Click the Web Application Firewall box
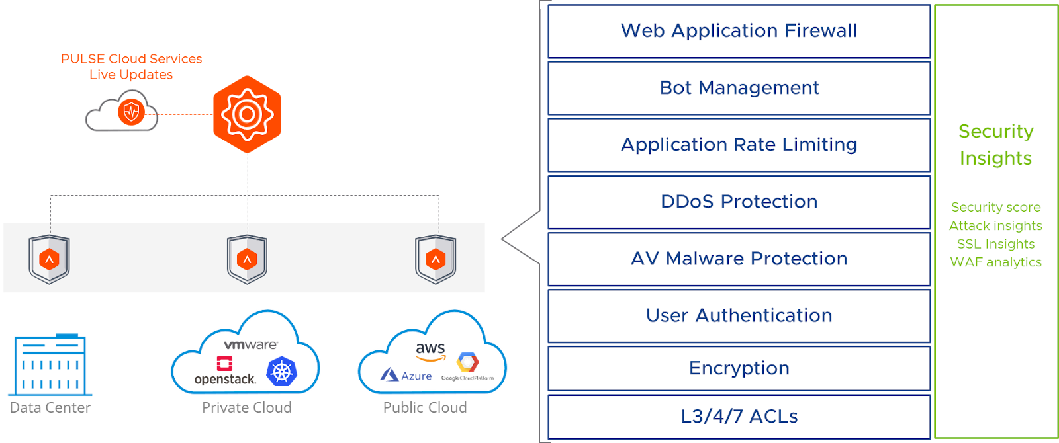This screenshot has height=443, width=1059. pyautogui.click(x=739, y=31)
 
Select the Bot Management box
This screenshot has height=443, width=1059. pyautogui.click(x=739, y=88)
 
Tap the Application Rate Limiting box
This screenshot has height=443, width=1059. pyautogui.click(x=739, y=145)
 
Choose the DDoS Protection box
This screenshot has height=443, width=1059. pyautogui.click(x=739, y=202)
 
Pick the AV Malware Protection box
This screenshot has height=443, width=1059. pyautogui.click(x=739, y=259)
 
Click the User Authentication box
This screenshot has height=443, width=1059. pyautogui.click(x=739, y=315)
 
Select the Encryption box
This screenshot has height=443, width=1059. pyautogui.click(x=739, y=368)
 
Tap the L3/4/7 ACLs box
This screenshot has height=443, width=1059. pyautogui.click(x=739, y=417)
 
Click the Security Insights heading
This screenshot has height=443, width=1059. pyautogui.click(x=995, y=145)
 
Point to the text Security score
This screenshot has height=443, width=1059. pyautogui.click(x=995, y=208)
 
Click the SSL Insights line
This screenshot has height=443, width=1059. pyautogui.click(x=995, y=244)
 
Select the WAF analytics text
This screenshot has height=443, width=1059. pyautogui.click(x=995, y=262)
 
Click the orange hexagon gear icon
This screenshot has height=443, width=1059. pyautogui.click(x=247, y=114)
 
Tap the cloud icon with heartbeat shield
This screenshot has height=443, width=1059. pyautogui.click(x=123, y=112)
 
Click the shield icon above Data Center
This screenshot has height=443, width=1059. pyautogui.click(x=50, y=259)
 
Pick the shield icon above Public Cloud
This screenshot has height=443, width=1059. pyautogui.click(x=436, y=259)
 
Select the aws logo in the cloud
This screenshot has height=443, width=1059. pyautogui.click(x=431, y=351)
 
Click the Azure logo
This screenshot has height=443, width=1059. pyautogui.click(x=406, y=376)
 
